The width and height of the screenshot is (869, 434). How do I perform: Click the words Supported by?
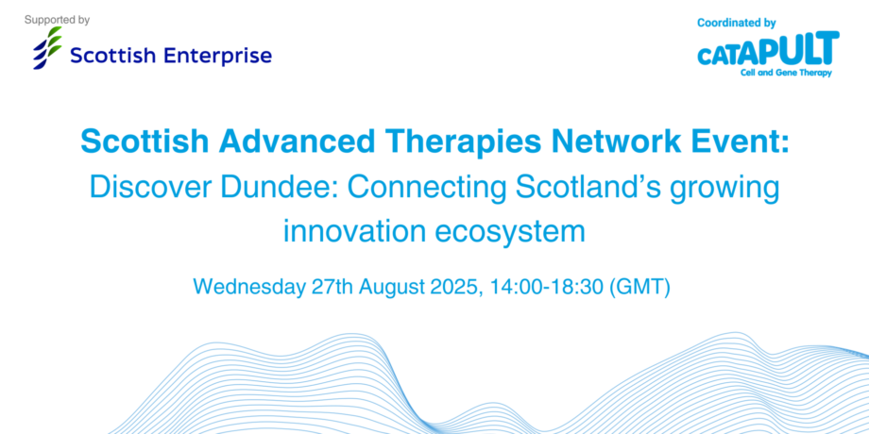(x=57, y=21)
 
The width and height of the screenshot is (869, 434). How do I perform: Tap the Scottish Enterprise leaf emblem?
(x=47, y=48)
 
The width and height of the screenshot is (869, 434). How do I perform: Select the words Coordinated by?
(x=736, y=24)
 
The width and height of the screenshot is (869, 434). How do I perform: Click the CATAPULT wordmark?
(x=768, y=49)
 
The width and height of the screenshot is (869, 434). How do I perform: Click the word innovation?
(x=354, y=231)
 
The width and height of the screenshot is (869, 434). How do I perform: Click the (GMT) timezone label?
(x=640, y=288)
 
